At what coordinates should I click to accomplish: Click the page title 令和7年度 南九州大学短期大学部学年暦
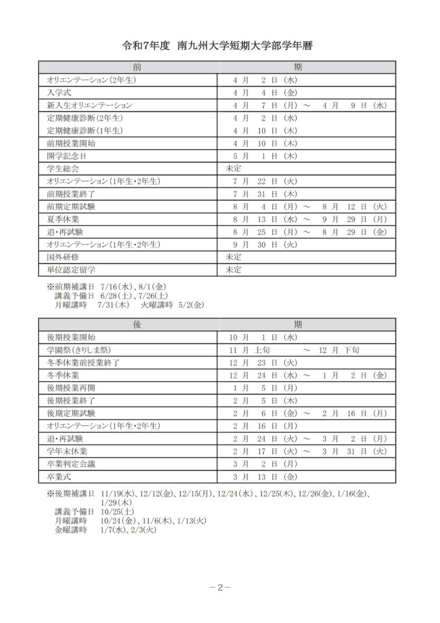coord(219,46)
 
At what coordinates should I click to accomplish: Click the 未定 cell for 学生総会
coord(234,169)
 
